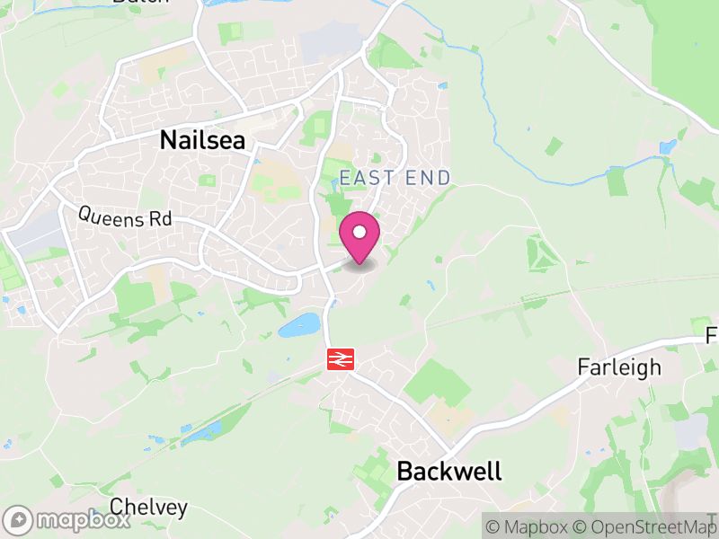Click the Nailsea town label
[202, 140]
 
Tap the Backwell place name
[448, 471]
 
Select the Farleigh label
[619, 367]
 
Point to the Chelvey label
[149, 507]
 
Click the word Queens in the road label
[107, 216]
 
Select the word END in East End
[427, 178]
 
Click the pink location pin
[359, 237]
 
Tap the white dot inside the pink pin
[359, 233]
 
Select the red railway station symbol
[340, 359]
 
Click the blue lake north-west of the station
[299, 325]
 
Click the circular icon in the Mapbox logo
[18, 520]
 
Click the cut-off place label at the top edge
[140, 3]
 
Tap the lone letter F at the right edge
[712, 336]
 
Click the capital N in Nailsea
[168, 140]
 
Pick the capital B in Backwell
[406, 471]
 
